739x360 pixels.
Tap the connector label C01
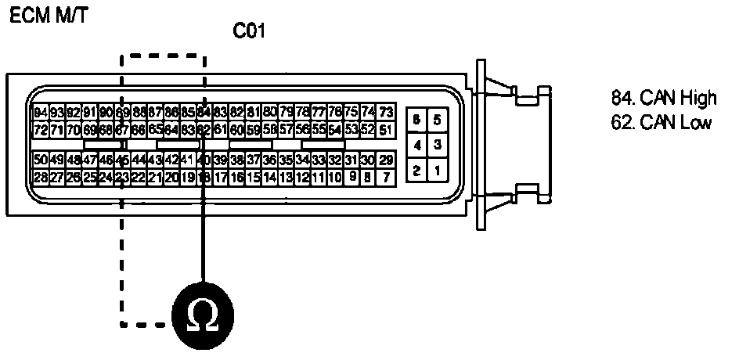tap(251, 32)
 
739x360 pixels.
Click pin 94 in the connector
tap(41, 112)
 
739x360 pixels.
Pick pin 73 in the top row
tap(385, 112)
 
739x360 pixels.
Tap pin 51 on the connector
tap(385, 129)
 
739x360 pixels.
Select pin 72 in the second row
tap(41, 129)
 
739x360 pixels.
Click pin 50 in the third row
tap(41, 160)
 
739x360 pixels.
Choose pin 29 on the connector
tap(385, 160)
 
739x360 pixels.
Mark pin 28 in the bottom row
tap(41, 177)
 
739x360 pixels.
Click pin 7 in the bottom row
tap(385, 177)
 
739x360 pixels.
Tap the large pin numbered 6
tap(417, 120)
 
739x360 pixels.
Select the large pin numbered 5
tap(437, 120)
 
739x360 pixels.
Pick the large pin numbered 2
tap(417, 170)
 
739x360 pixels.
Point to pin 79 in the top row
tap(287, 112)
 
